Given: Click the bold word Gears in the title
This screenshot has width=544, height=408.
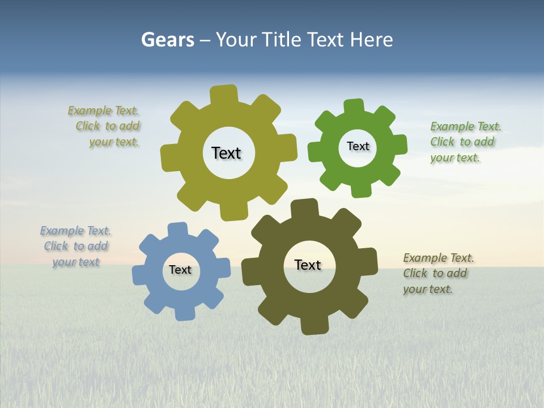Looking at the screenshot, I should [x=167, y=40].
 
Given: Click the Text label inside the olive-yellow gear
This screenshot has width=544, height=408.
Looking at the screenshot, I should [x=226, y=153].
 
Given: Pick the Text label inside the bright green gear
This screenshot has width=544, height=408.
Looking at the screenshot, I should [x=358, y=146].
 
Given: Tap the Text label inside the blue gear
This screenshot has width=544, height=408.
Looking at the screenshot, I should [x=180, y=270].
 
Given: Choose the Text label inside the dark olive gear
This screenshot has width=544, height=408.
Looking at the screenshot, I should [x=308, y=265].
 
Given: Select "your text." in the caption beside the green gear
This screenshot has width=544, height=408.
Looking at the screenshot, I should [x=454, y=158].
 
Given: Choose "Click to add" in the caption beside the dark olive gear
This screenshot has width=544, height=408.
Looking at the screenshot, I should [x=435, y=273].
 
